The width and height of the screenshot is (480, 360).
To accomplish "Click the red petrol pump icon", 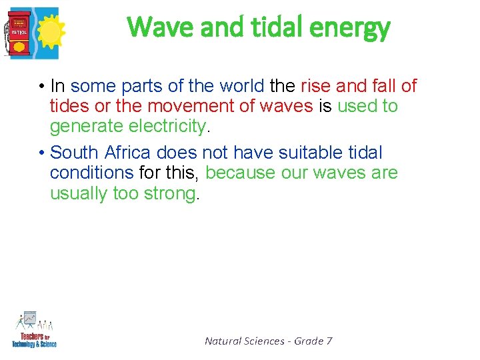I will pyautogui.click(x=19, y=33).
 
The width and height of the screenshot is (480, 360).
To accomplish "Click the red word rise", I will pyautogui.click(x=316, y=86).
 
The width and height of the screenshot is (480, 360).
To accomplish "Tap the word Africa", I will pyautogui.click(x=127, y=153).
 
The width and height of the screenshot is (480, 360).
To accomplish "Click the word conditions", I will pyautogui.click(x=92, y=173).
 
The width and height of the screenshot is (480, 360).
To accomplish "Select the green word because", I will pyautogui.click(x=239, y=173).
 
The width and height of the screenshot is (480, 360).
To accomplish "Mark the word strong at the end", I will pyautogui.click(x=170, y=193).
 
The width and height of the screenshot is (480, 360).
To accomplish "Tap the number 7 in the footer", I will pyautogui.click(x=329, y=341).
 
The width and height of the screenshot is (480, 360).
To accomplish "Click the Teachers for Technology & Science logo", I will pyautogui.click(x=34, y=329).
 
